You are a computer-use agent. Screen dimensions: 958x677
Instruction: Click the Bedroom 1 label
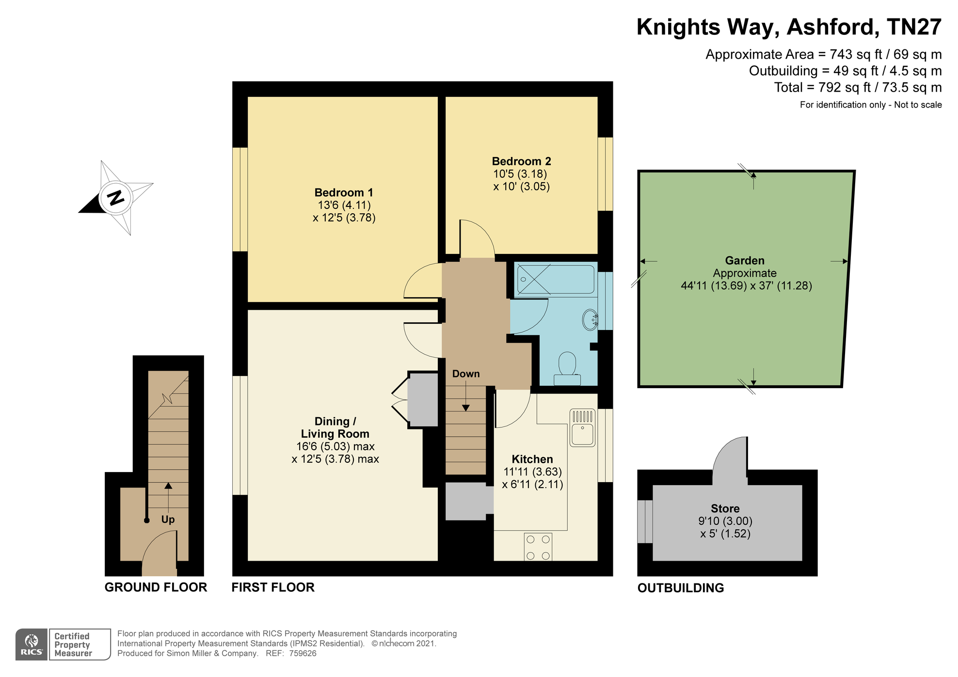(x=344, y=192)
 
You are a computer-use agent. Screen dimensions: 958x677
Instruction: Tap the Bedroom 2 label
(x=521, y=161)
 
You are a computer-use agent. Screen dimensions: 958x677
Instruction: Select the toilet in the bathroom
(x=567, y=369)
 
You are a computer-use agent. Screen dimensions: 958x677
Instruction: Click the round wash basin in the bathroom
(x=590, y=320)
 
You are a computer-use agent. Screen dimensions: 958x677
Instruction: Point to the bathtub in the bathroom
(x=556, y=280)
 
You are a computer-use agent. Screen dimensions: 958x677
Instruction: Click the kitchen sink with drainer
(x=582, y=427)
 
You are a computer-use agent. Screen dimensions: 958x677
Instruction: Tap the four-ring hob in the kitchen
(x=538, y=547)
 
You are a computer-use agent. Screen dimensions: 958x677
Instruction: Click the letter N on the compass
(x=115, y=198)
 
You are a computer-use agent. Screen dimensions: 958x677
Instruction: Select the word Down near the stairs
(x=466, y=374)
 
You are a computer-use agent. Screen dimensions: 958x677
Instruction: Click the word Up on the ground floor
(x=168, y=520)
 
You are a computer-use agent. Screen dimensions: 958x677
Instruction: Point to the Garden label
(x=745, y=261)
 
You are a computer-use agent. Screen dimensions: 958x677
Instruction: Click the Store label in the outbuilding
(x=725, y=508)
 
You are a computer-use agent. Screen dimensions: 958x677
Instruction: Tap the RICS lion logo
(x=32, y=645)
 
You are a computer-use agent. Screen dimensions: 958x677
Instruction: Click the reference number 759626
(x=303, y=653)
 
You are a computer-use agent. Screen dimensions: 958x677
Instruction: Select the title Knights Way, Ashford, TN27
(x=789, y=27)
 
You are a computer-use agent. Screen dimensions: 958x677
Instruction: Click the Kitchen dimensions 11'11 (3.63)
(x=532, y=472)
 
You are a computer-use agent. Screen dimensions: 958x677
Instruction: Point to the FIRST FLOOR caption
(x=273, y=587)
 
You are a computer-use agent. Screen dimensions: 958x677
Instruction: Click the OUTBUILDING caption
(x=681, y=588)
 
